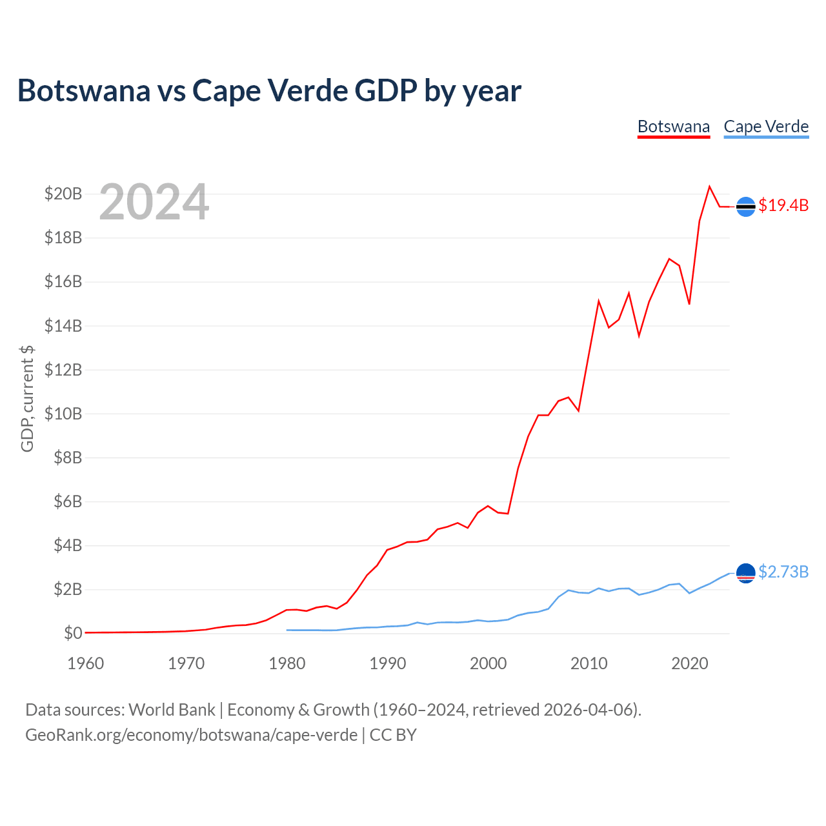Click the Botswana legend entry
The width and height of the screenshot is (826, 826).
(674, 126)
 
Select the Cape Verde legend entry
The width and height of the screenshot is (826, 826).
(766, 126)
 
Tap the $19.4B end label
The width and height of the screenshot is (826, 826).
(783, 205)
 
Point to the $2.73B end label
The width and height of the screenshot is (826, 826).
(783, 572)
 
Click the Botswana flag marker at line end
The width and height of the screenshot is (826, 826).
(745, 206)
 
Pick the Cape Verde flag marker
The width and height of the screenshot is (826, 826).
(745, 573)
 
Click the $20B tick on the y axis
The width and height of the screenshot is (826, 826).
(63, 194)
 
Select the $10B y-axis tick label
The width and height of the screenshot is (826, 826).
(63, 414)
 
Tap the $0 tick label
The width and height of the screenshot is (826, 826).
(73, 633)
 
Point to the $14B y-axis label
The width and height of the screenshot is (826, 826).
(63, 326)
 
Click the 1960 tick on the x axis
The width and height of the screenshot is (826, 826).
(86, 663)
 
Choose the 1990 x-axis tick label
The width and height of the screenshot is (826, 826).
(388, 663)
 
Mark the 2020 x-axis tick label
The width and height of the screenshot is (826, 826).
(690, 663)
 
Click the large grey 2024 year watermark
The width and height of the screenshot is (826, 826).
(154, 202)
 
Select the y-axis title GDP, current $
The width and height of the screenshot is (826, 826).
(27, 399)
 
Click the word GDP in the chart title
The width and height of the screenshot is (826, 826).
(386, 90)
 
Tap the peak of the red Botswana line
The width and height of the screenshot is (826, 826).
(709, 186)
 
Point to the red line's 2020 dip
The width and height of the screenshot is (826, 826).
(689, 303)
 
